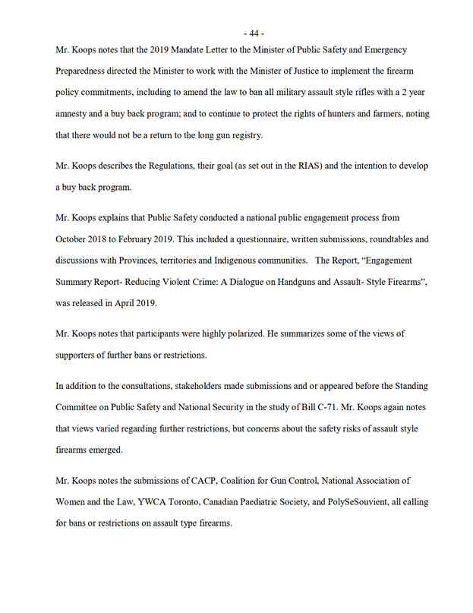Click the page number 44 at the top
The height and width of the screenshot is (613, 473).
tap(254, 33)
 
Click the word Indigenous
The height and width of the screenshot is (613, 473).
tap(230, 260)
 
